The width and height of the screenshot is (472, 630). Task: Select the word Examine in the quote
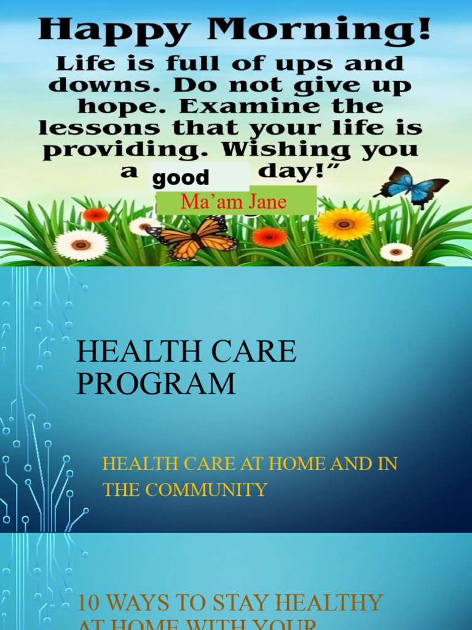coord(248,106)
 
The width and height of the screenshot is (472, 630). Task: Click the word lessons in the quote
coord(101,128)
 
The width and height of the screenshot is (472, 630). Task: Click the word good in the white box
coord(181,178)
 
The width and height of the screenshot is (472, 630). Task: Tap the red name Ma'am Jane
coord(234,202)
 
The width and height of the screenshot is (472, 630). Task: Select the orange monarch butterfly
coord(192,237)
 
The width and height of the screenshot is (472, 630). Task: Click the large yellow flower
coord(344,224)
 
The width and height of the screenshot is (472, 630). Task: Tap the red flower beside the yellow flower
coord(269,237)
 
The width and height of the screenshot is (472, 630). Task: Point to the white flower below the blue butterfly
coord(396,252)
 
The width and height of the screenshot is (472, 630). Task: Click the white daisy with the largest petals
coord(81,244)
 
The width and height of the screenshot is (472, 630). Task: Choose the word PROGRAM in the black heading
coord(156,383)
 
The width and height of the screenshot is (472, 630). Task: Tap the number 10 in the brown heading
coord(88,603)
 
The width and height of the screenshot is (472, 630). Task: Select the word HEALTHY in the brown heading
coord(331,603)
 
